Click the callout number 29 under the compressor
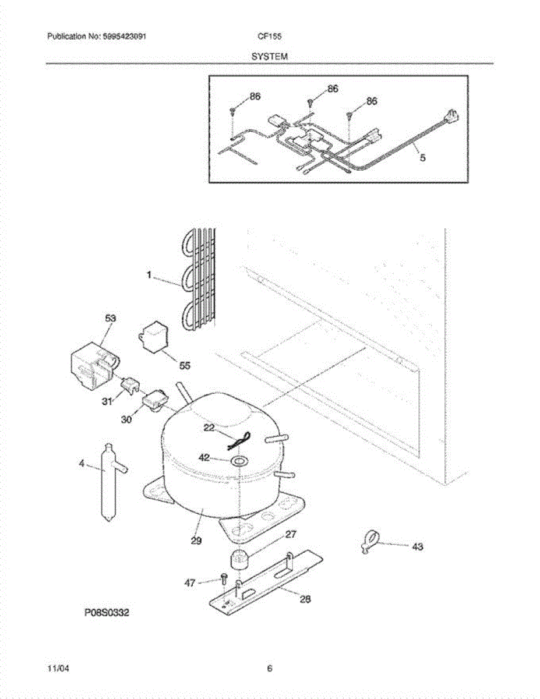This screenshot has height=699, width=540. pos(196,541)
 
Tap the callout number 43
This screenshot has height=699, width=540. pos(417,547)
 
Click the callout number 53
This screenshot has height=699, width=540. pos(110,319)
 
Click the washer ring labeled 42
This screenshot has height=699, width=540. pos(238,462)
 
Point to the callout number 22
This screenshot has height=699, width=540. pos(210,428)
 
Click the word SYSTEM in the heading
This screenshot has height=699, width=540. pos(270,57)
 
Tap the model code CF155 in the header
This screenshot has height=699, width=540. pos(270,36)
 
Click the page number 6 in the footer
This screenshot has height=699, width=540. pos(270,669)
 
